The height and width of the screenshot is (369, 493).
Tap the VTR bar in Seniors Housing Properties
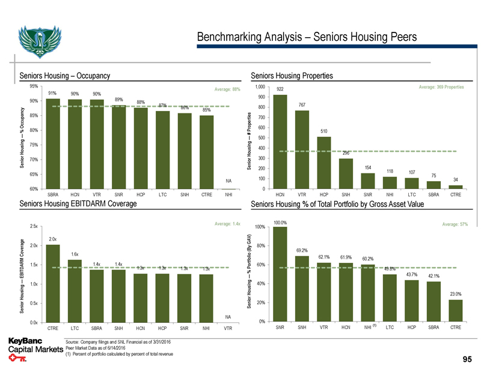pos(302,150)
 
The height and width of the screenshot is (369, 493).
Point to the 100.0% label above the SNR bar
pos(280,223)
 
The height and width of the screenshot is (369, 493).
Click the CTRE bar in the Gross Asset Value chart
pos(455,311)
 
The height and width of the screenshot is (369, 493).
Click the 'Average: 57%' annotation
pos(454,224)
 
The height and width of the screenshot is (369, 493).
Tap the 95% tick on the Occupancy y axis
pos(34,86)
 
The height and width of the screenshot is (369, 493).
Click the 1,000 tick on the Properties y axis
pos(260,87)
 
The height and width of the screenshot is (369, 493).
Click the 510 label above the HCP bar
pos(324,131)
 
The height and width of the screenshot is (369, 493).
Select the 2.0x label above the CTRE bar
pos(53,239)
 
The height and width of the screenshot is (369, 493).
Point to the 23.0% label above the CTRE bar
pos(455,293)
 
